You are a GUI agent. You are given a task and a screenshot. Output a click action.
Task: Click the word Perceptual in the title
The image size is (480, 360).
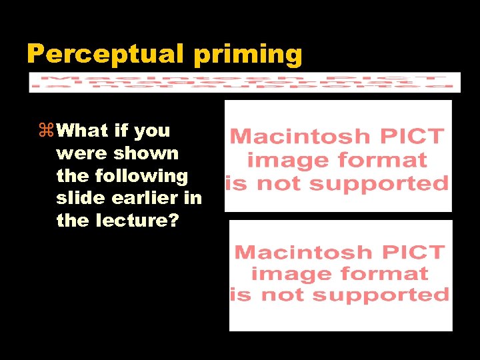107,54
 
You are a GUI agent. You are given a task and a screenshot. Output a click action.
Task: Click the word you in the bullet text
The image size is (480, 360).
152,131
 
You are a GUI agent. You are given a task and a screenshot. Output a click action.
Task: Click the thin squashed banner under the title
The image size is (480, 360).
245,82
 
